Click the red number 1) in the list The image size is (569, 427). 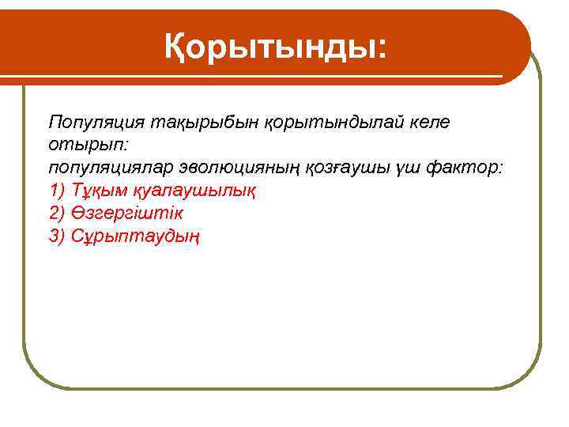[58, 191]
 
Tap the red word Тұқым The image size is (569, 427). [99, 191]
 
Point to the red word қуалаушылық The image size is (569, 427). [195, 191]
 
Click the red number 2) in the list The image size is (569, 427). [58, 213]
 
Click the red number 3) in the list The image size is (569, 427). [58, 236]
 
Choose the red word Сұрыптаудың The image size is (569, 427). [135, 236]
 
